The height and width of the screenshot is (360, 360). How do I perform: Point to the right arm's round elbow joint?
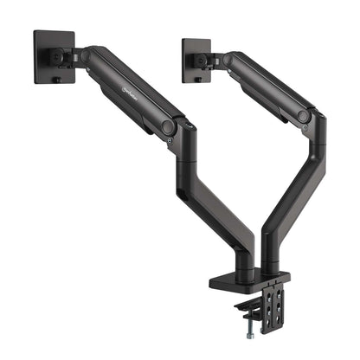point(304,115)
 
